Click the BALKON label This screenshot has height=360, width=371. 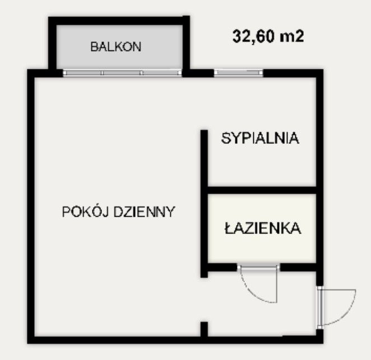(115, 46)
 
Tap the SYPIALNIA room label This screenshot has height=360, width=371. (260, 138)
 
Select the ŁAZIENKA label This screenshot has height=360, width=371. (263, 228)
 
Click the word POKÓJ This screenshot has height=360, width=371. (85, 211)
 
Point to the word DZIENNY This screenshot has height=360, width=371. (145, 212)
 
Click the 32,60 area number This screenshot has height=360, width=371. (254, 36)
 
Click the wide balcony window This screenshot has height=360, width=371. (122, 73)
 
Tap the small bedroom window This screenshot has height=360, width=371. (239, 73)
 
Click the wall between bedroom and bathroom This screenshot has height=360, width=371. (262, 190)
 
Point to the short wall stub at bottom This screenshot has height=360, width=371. (204, 329)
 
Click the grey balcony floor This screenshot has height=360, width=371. (119, 47)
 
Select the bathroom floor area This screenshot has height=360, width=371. (262, 228)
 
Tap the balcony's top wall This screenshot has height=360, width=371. (119, 21)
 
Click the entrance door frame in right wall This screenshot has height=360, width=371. (319, 307)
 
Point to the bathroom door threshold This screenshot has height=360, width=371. (258, 268)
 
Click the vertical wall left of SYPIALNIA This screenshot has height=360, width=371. (204, 204)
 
